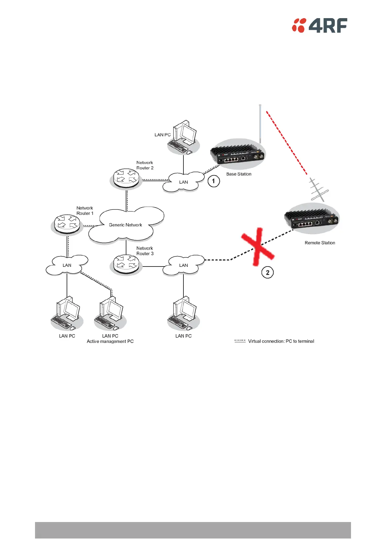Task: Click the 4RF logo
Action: pos(320,25)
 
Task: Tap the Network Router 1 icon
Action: pos(67,223)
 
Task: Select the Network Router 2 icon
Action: pos(126,178)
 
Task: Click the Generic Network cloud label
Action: pos(125,225)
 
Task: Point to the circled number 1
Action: pos(214,181)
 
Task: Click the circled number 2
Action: pos(268,273)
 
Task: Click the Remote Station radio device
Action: pos(311,218)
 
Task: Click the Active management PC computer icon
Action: pos(110,312)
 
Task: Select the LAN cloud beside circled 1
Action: pos(183,182)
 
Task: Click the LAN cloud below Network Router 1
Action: pos(67,265)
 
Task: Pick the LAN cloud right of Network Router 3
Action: pos(183,265)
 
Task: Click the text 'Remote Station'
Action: pos(320,243)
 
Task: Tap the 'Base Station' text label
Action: pos(239,174)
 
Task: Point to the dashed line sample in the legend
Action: pos(240,341)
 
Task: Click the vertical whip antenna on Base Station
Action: pos(260,123)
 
